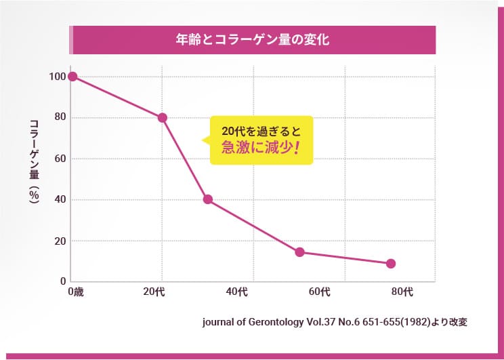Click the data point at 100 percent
point(72,77)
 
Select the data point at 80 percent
point(163,117)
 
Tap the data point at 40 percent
point(208,199)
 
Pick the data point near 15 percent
point(299,252)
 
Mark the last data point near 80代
point(391,264)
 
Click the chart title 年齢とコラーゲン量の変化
point(252,40)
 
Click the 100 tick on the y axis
point(57,77)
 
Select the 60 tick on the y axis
point(60,159)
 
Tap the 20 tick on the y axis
point(60,241)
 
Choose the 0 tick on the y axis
point(62,281)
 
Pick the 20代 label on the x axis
point(154,292)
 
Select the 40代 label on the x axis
point(236,292)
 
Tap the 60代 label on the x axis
point(319,292)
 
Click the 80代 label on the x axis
point(402,292)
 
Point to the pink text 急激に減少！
point(261,147)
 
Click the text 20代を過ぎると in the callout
point(261,129)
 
